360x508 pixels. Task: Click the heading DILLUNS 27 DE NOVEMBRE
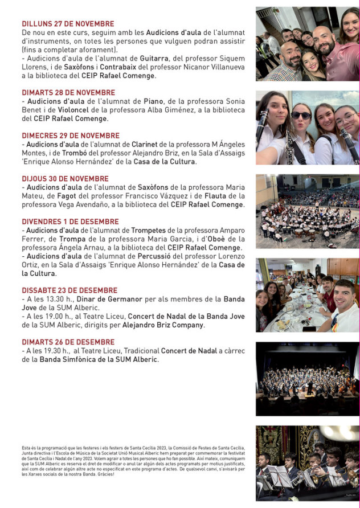click(x=68, y=24)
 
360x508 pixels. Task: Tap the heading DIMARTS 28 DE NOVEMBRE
click(x=68, y=92)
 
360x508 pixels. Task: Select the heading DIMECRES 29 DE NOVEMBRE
click(x=71, y=136)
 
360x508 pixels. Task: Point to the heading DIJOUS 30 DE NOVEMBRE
click(x=65, y=179)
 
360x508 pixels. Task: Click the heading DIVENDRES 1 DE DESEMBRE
click(x=70, y=222)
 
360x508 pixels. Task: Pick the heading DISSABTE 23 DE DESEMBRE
click(x=69, y=290)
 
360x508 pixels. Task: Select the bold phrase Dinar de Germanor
click(x=104, y=299)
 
